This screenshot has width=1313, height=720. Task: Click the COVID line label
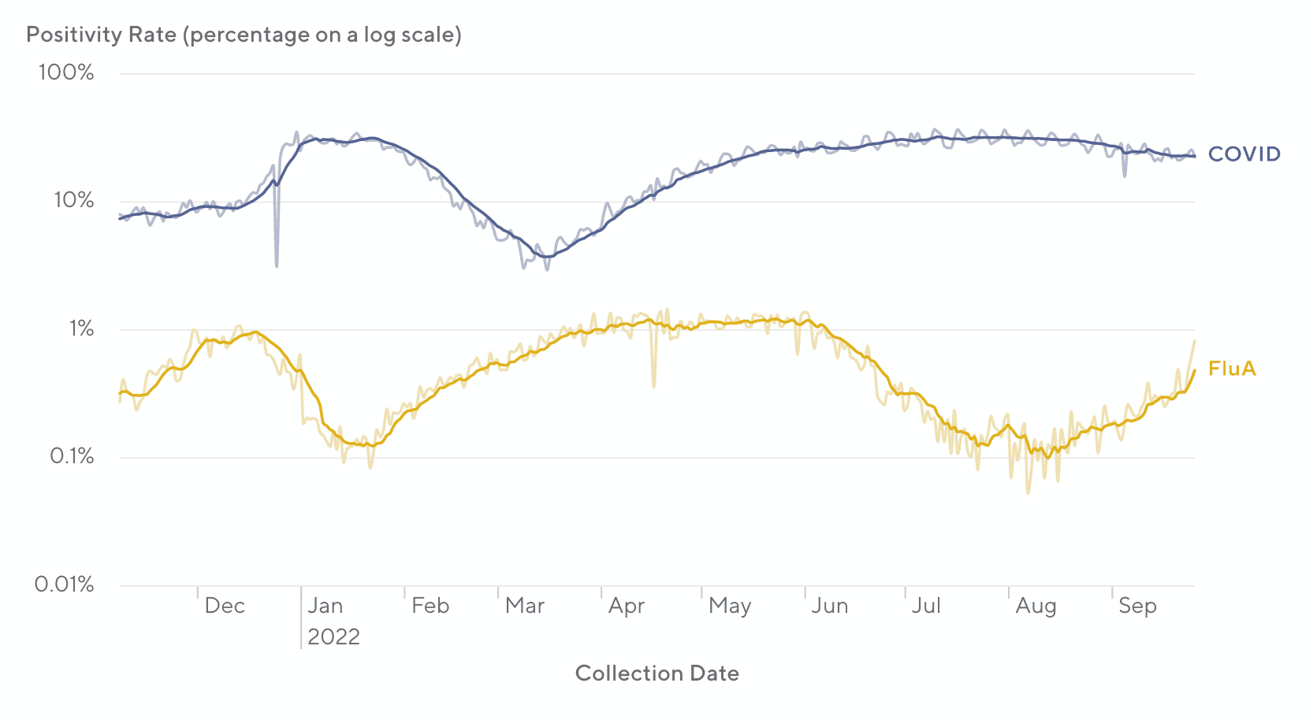1244,154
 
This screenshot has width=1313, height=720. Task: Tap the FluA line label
1232,369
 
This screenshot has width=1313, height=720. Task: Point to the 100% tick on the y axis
66,73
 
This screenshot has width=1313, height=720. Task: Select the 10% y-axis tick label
73,201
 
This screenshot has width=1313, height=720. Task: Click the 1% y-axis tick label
80,328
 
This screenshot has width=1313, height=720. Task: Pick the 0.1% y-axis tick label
72,457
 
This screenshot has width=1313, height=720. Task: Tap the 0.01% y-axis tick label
65,585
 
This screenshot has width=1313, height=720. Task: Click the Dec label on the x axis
225,606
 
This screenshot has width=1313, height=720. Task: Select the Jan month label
325,606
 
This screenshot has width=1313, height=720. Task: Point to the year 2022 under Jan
333,636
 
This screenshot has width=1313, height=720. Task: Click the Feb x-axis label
430,606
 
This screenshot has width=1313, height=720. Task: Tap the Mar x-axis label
525,606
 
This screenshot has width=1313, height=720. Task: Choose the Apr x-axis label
627,606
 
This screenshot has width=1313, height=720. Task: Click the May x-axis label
730,606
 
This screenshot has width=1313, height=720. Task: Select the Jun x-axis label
830,606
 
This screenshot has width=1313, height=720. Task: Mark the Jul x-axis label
927,606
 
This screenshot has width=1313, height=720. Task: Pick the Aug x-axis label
1036,606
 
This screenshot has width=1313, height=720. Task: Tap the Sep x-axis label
1137,606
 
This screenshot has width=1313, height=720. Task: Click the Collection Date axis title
657,674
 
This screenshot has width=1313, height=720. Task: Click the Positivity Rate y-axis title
244,35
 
